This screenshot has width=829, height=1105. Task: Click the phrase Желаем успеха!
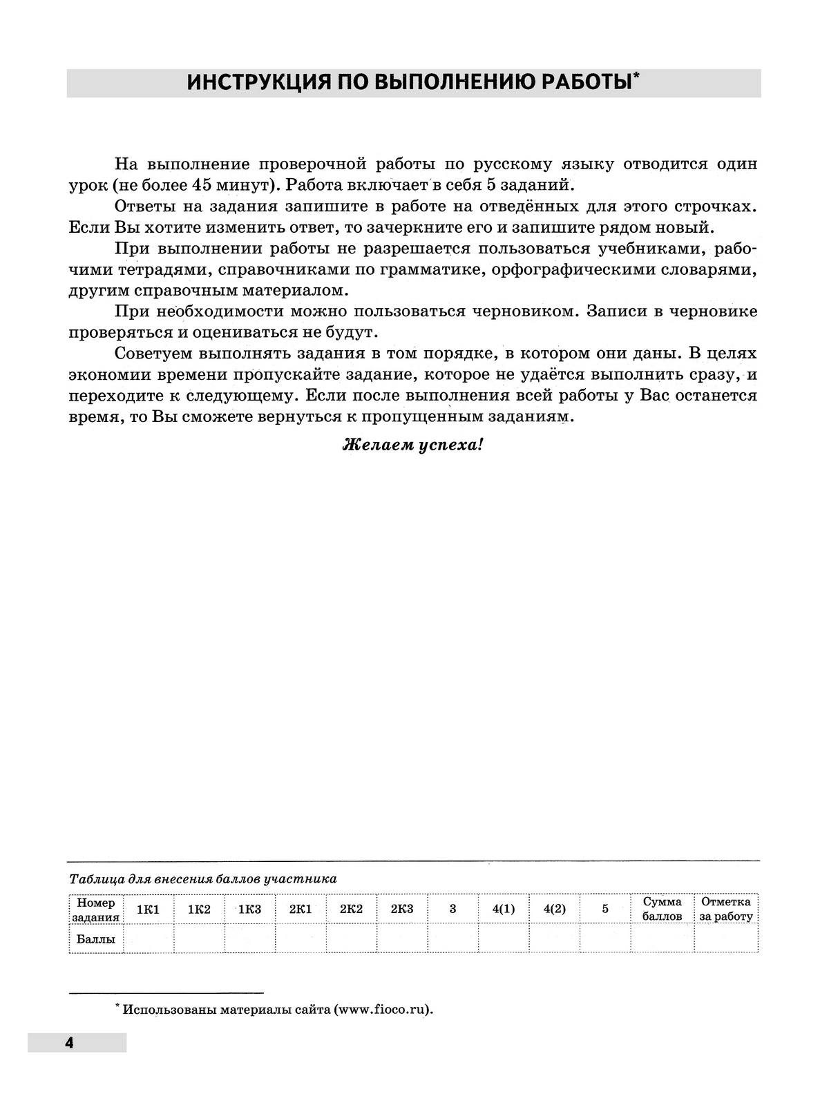[x=413, y=445]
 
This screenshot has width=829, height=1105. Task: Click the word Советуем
[x=155, y=354]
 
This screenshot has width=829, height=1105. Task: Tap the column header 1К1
[x=149, y=910]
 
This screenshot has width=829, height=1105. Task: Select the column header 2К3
[x=402, y=910]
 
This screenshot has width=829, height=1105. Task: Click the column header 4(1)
[x=504, y=910]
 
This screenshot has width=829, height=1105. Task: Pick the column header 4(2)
[x=555, y=910]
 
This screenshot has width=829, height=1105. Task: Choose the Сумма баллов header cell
[x=663, y=910]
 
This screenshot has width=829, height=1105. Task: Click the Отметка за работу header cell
[x=726, y=910]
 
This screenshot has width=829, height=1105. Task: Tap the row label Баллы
[x=95, y=939]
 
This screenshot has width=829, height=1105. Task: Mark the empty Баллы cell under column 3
[x=453, y=939]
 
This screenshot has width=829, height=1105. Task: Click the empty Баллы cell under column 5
[x=605, y=939]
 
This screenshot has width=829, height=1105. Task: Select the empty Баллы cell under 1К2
[x=199, y=939]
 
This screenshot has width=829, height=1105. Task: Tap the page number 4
[x=69, y=1043]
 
